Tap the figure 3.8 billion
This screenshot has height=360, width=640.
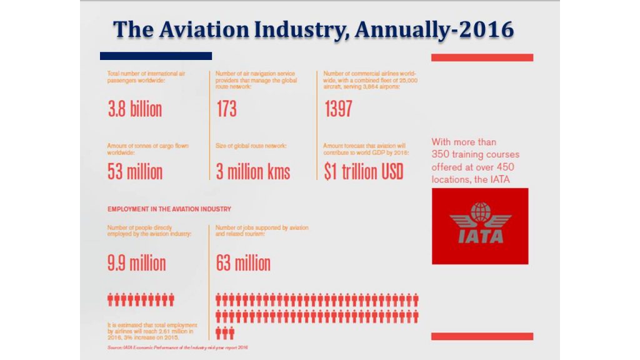click(134, 109)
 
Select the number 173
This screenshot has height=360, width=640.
click(226, 109)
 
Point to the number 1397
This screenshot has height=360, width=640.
click(338, 109)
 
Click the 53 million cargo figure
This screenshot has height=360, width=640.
click(134, 171)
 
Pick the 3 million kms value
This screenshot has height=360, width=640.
click(253, 171)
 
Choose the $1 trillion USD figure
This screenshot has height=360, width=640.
click(363, 171)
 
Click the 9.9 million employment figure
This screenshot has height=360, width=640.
click(136, 262)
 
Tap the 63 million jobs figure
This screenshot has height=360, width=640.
click(243, 262)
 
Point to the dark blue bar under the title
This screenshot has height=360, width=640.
click(156, 56)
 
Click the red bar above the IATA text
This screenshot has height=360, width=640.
click(482, 57)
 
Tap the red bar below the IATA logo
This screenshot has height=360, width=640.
click(482, 336)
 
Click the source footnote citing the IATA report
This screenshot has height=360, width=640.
click(177, 347)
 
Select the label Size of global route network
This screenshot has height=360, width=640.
click(251, 146)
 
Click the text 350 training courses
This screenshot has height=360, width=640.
click(475, 154)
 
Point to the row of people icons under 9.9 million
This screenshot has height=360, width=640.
click(141, 300)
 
